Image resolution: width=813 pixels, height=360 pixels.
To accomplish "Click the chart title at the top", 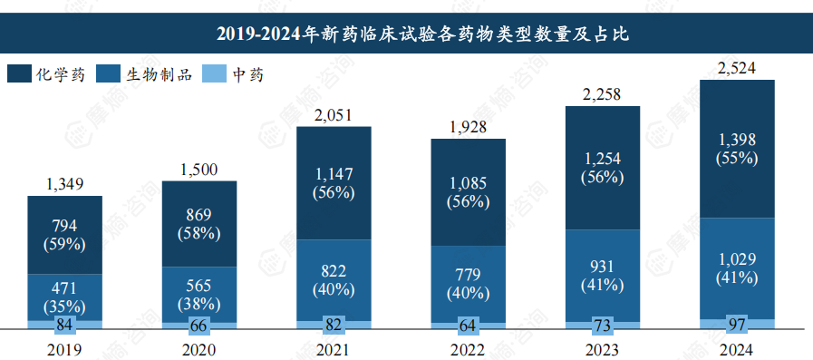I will pos(406,34).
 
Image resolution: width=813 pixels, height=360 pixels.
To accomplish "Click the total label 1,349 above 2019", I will pos(64,185).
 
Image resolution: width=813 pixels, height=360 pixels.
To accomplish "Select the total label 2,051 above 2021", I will pos(333,115).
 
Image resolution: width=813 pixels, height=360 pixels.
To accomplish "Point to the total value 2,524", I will pos(736,68).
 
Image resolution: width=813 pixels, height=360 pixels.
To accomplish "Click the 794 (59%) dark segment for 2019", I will pos(64,235).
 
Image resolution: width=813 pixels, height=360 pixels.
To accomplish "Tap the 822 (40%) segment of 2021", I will pos(333,280).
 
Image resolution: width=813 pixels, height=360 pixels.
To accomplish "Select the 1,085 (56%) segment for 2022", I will pos(468,192).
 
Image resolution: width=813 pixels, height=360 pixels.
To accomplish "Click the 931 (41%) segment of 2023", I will pos(602,275).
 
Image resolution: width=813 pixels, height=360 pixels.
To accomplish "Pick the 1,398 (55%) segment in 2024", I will pos(736,149).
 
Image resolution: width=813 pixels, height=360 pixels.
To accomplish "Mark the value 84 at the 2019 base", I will pos(64,325).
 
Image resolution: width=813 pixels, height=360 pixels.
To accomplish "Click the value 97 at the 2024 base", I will pos(736,324).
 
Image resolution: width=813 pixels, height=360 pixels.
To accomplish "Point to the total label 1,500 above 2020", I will pos(198,170).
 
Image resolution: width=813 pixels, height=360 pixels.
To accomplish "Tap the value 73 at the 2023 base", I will pos(602,325).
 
